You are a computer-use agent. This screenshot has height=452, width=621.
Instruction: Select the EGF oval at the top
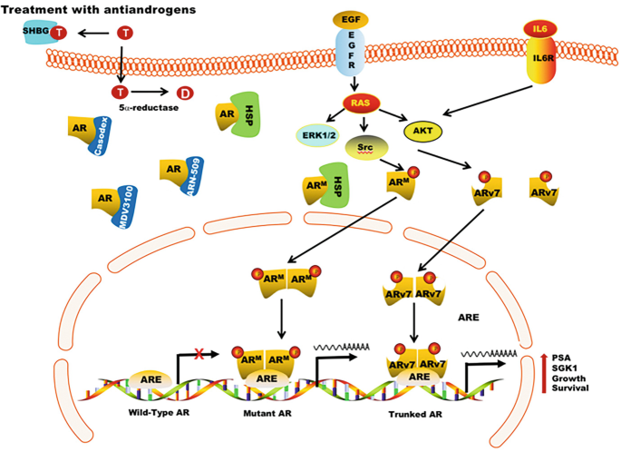click(351, 19)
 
